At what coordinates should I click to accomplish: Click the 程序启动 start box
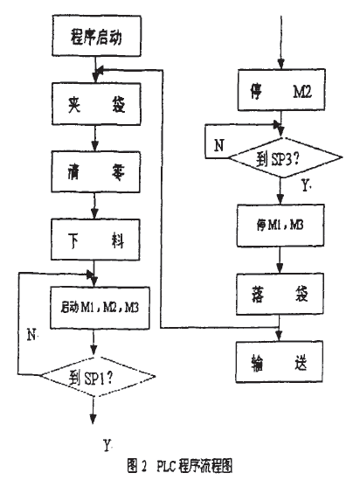tap(92, 39)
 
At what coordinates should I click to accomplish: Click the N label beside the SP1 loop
tap(31, 334)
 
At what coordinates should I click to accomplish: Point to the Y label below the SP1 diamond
tap(107, 446)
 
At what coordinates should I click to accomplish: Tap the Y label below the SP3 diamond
tap(301, 187)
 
